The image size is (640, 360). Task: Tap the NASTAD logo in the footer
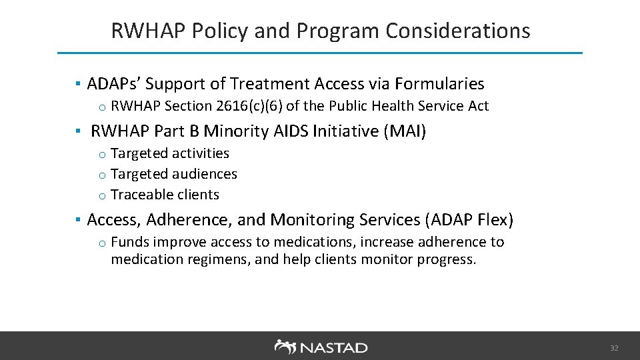[x=321, y=347]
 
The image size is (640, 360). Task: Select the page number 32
[x=614, y=348]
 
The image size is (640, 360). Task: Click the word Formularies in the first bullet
[x=439, y=84]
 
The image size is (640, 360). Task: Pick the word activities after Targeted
[x=201, y=153]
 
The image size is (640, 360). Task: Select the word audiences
[x=205, y=174]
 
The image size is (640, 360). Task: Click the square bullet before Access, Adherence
[x=78, y=219]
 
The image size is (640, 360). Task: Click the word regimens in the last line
[x=222, y=259]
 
